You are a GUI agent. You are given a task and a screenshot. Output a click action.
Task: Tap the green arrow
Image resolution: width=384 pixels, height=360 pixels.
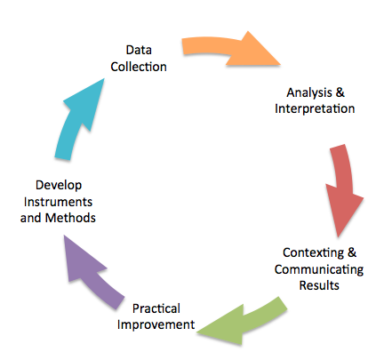click(x=243, y=323)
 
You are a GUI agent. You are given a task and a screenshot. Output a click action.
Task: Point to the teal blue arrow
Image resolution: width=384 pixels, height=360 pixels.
click(x=78, y=118)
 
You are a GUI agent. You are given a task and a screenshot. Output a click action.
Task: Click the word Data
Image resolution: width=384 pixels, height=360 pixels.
click(x=139, y=50)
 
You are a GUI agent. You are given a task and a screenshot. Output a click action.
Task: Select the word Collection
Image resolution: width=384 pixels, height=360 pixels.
click(x=139, y=67)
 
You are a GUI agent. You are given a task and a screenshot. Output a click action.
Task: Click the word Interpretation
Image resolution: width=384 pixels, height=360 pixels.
click(x=315, y=108)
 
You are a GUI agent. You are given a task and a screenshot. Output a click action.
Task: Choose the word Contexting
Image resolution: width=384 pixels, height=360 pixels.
click(x=313, y=253)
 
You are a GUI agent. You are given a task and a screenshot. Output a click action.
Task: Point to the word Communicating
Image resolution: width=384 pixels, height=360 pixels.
click(x=319, y=269)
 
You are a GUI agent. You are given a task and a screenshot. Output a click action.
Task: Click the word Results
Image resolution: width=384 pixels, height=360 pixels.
click(x=319, y=285)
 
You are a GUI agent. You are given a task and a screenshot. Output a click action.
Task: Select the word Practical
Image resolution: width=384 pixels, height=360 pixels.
click(x=156, y=308)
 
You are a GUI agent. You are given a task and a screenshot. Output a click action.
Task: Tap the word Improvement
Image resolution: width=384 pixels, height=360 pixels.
click(x=156, y=324)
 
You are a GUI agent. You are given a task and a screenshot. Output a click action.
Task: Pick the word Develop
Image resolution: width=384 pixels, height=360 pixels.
click(x=59, y=186)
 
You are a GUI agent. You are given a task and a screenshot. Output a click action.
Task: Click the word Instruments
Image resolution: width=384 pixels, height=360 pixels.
click(x=58, y=202)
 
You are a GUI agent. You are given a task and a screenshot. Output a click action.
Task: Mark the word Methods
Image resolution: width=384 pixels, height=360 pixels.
click(x=70, y=218)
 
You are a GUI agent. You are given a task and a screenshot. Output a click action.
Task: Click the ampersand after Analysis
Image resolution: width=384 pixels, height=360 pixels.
click(x=340, y=92)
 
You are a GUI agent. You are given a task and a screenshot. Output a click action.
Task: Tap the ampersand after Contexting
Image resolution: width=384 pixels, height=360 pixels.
click(x=352, y=252)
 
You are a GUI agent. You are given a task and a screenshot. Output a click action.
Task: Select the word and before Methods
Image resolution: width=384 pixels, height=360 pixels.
click(x=30, y=218)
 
